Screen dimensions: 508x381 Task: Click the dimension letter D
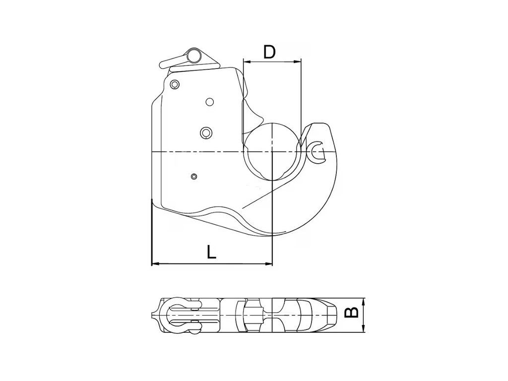coord(269,52)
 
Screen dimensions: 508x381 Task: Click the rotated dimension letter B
coord(351,312)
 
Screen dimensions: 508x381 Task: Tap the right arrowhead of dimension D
coord(298,61)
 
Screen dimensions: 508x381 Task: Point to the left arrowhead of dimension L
coord(156,264)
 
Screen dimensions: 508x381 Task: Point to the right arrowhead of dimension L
coord(268,264)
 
